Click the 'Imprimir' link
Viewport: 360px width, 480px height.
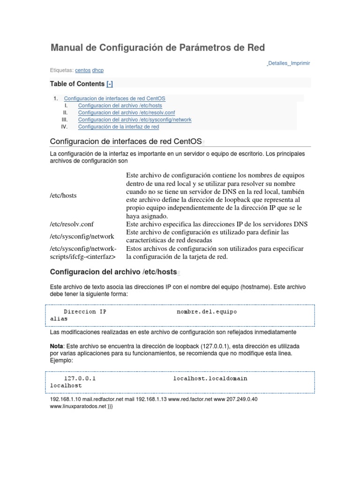(300, 63)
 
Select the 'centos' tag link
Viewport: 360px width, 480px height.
(83, 70)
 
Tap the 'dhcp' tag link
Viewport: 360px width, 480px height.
(98, 70)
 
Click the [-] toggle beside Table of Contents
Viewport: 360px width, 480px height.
(110, 84)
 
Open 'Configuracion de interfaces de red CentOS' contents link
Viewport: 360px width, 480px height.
(114, 99)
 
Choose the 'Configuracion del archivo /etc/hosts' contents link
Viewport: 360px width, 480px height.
(120, 106)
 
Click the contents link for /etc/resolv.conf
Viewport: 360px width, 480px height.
(126, 113)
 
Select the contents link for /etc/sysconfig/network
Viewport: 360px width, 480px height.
(135, 120)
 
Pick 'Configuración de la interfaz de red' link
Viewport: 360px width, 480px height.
(119, 127)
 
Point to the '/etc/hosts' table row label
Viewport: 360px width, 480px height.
(63, 195)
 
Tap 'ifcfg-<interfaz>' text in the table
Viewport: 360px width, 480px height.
(82, 256)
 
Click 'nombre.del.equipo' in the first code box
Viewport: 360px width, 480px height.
(207, 311)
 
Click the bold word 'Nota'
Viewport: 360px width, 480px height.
(56, 346)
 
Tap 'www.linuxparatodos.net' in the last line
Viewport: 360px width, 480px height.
(78, 406)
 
